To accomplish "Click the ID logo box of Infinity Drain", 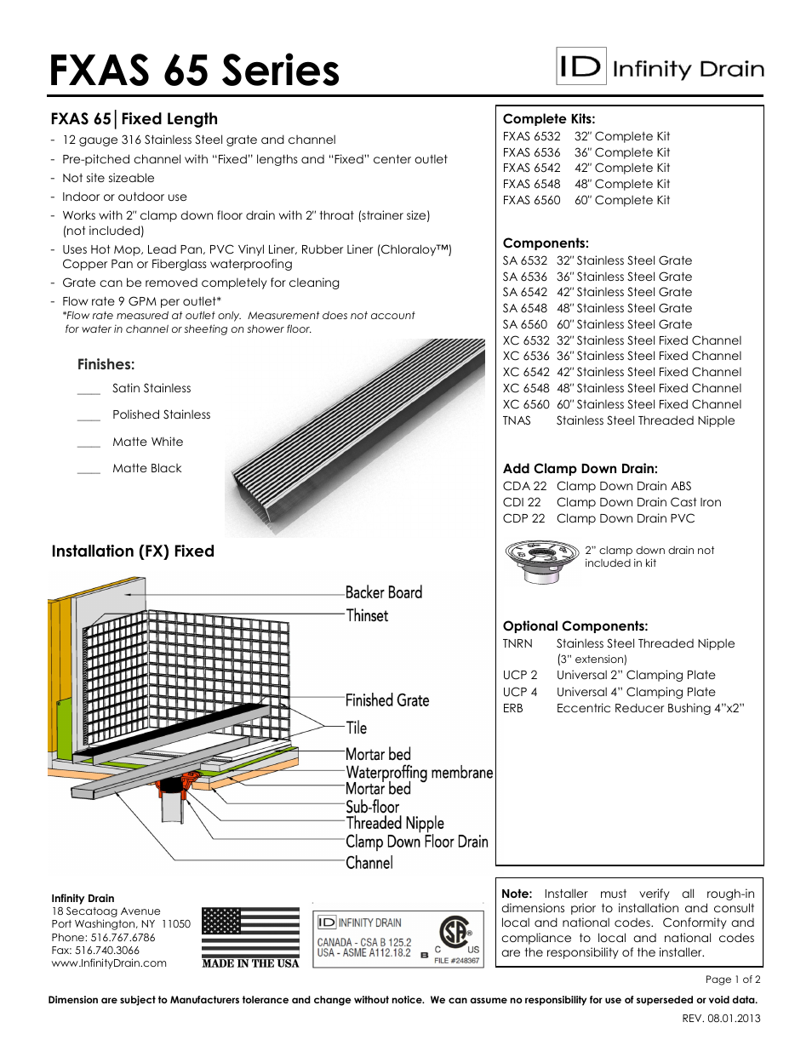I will tap(581, 66).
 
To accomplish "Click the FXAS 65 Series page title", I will tap(194, 71).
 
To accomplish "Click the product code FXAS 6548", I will tap(531, 184).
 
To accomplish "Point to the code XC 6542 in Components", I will tap(525, 372).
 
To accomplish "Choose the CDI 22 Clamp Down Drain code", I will tap(521, 502).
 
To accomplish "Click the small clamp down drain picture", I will tap(541, 561).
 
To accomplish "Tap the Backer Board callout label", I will tap(383, 592).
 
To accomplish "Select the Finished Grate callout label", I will tap(386, 700).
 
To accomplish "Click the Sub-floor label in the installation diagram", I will tap(372, 807).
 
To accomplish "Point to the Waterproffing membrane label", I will tap(419, 773).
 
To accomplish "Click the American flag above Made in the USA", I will tap(250, 932).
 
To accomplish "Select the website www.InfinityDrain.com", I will tap(109, 962).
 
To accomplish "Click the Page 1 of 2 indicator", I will tap(733, 980).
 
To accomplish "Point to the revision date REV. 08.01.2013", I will tap(721, 1018).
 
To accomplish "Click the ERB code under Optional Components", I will tap(512, 708).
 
